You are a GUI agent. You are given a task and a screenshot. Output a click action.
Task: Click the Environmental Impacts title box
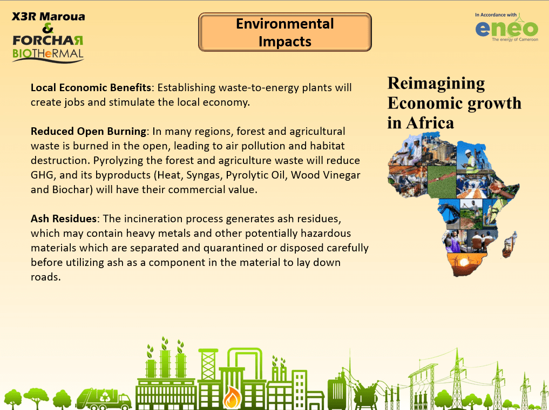point(284,32)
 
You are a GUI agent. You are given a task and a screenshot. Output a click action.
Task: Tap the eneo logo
point(507,28)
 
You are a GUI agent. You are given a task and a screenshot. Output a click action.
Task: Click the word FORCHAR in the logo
point(48,40)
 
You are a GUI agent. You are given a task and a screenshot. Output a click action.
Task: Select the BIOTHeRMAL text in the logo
point(48,53)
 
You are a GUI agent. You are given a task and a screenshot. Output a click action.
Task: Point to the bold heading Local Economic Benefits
point(91,87)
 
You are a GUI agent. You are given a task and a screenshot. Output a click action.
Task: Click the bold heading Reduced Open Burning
point(89,131)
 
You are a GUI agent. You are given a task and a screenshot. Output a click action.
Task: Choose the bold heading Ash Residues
point(64,218)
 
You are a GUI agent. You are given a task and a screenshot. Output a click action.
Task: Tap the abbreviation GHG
point(42,175)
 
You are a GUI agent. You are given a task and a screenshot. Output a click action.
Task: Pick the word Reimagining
point(436,84)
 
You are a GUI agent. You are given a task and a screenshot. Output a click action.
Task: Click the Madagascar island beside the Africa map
point(510,244)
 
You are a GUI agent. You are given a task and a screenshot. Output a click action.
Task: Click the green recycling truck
point(104,398)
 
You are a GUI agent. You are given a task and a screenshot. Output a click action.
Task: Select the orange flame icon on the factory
point(232,397)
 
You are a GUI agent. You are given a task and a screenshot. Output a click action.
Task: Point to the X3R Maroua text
point(49,16)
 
